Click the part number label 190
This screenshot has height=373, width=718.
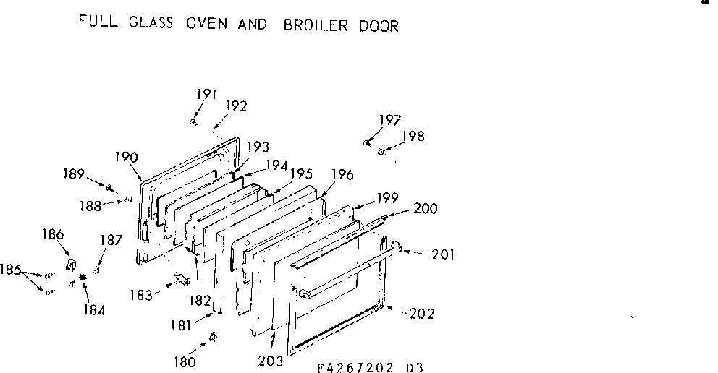point(126,155)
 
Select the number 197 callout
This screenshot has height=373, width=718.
point(390,120)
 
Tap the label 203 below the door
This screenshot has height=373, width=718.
point(271,361)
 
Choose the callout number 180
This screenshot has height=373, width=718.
point(186,362)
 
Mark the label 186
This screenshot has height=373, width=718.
point(53,233)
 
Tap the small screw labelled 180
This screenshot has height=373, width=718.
point(214,337)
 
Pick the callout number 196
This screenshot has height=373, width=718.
point(342,174)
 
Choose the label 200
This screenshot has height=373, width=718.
point(426,209)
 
